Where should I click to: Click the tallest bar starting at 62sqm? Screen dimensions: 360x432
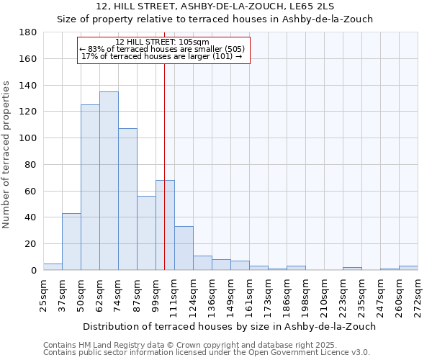tap(109, 181)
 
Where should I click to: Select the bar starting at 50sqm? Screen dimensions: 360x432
tap(90, 187)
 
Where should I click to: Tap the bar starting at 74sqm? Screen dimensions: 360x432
tap(127, 199)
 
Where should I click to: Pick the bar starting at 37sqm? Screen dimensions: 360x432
tap(71, 241)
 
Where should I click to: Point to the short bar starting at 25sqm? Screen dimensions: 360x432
tap(53, 266)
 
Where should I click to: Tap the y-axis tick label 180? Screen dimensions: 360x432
tap(28, 32)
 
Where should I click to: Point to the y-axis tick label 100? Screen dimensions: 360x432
tap(28, 138)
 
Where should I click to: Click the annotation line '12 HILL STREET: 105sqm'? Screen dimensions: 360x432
tap(163, 42)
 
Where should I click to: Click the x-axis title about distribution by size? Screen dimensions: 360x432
tap(230, 326)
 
